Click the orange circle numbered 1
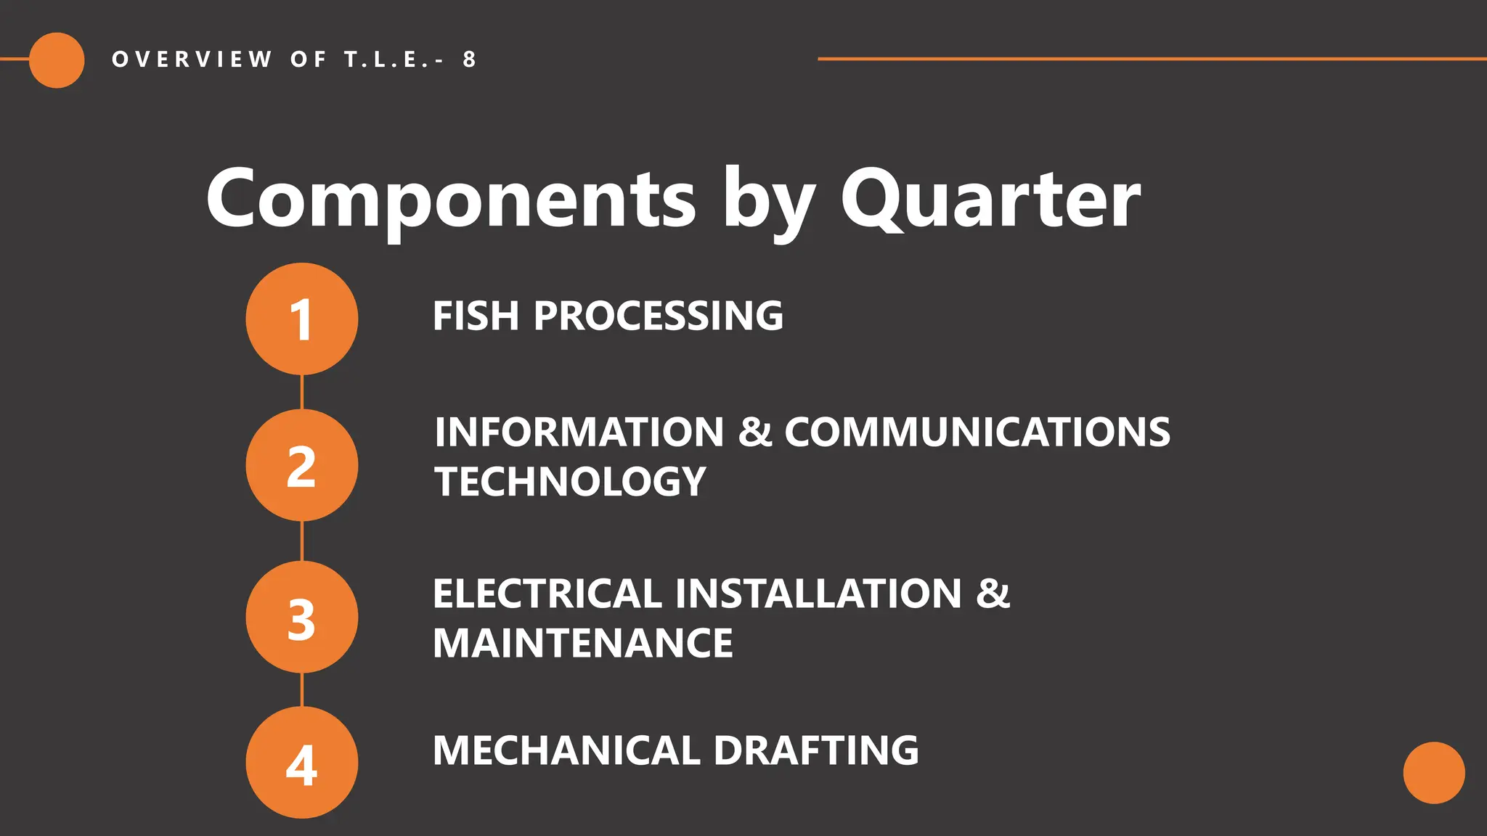(301, 319)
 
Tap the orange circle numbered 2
(301, 465)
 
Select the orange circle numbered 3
(301, 618)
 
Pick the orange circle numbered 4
(301, 763)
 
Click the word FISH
(476, 316)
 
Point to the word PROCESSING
(659, 316)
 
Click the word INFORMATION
(579, 433)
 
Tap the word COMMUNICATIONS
(977, 433)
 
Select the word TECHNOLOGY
(570, 482)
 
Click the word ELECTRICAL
(546, 594)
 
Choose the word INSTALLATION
(819, 594)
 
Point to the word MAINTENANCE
(582, 643)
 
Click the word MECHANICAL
(566, 750)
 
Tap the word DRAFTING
(816, 750)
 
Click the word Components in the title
(451, 198)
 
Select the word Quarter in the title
(990, 198)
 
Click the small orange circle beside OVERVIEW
(57, 60)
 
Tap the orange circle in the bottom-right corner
(1434, 772)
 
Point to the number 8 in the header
(470, 60)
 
